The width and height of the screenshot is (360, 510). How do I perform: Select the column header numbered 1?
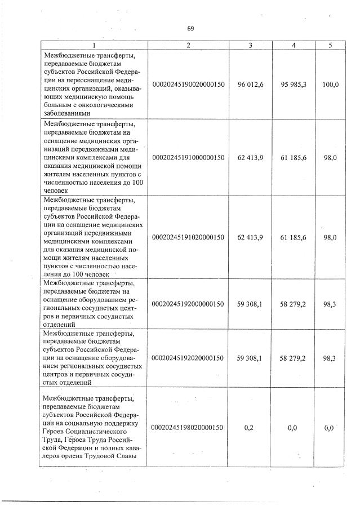[94, 45]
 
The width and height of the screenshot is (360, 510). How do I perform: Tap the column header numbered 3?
[250, 45]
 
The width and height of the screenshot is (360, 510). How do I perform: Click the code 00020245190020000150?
[189, 84]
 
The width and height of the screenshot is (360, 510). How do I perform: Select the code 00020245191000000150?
[189, 157]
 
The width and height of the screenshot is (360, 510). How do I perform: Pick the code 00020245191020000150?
[189, 238]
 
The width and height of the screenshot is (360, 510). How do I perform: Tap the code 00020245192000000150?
[189, 304]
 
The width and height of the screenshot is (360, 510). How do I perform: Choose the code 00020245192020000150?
[189, 358]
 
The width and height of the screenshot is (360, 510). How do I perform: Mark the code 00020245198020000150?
[189, 428]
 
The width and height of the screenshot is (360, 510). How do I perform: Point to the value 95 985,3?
[293, 84]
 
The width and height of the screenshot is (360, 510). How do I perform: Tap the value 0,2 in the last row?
[250, 428]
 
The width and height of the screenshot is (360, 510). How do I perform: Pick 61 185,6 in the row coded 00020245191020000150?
[293, 238]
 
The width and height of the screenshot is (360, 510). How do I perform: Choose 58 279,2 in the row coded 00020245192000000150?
[293, 304]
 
